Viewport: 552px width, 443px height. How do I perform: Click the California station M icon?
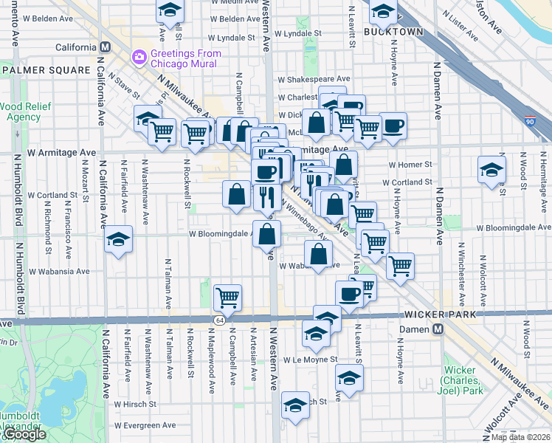click(x=105, y=47)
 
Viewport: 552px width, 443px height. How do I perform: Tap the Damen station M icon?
click(x=438, y=329)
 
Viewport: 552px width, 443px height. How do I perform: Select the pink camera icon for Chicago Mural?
click(x=139, y=57)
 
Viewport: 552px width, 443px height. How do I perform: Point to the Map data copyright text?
click(x=520, y=437)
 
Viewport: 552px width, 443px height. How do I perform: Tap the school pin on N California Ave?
click(x=117, y=239)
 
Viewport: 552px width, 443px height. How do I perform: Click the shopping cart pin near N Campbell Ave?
click(x=228, y=297)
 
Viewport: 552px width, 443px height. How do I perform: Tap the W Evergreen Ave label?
click(x=145, y=425)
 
